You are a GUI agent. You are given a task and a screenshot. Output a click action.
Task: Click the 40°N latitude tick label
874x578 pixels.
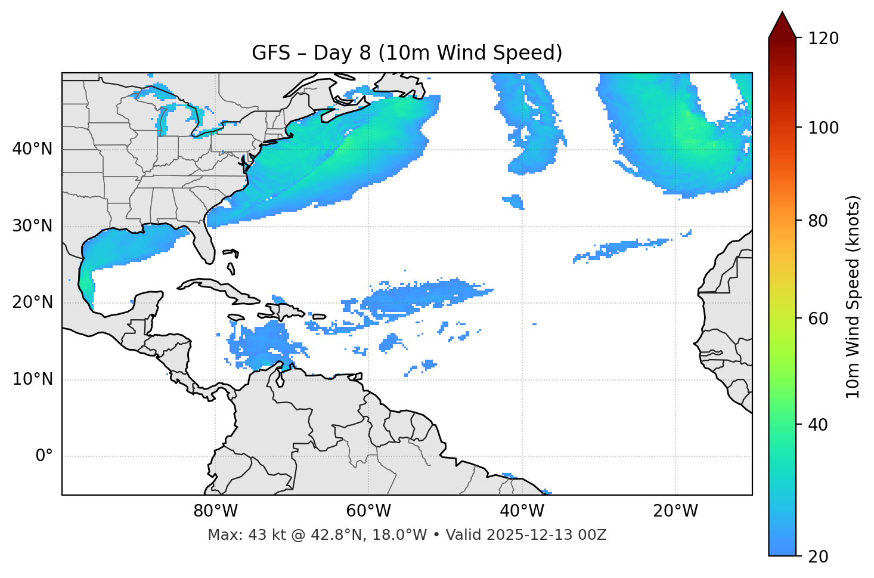tap(32, 149)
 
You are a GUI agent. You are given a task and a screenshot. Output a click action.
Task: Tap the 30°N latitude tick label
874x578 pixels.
tap(32, 226)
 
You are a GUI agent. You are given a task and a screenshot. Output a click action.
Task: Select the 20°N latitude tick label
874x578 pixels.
tap(32, 302)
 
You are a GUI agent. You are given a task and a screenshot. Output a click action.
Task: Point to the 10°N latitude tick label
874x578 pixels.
tap(32, 379)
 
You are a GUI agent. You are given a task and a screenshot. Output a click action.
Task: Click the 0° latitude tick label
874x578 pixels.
tap(44, 456)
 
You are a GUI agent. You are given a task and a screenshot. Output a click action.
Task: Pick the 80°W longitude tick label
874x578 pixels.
tap(215, 511)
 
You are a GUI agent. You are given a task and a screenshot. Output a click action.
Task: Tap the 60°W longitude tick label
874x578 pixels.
tap(368, 511)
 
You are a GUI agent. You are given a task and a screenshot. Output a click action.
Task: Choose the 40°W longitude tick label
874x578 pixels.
tap(522, 511)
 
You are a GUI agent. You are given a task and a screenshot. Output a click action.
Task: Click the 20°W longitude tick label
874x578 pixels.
tap(675, 511)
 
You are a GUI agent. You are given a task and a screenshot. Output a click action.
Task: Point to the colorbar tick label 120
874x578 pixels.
tap(823, 39)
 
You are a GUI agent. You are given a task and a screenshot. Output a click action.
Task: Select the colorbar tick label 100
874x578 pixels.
tap(823, 128)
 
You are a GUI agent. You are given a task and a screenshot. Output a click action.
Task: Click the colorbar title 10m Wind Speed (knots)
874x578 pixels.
tap(853, 296)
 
